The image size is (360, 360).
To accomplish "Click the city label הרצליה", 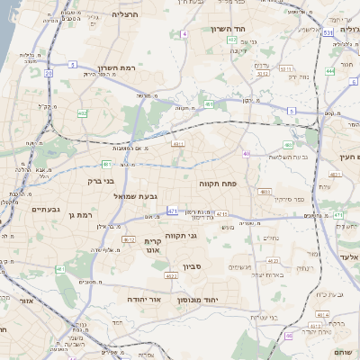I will (125, 14).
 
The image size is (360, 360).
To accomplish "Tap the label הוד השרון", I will (229, 29).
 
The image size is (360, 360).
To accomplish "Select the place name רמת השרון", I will (115, 68).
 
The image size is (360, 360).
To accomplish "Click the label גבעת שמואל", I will (136, 195).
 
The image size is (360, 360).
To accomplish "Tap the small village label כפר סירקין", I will (286, 198).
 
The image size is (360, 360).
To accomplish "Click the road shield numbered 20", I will (48, 74).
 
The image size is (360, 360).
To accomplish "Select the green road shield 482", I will (83, 113).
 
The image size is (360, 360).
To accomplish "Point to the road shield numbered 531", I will (329, 32).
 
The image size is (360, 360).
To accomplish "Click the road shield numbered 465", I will (288, 144).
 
